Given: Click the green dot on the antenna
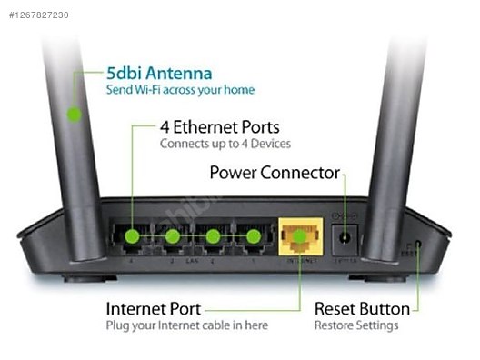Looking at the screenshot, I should [73, 115].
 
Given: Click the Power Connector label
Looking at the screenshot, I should [275, 173].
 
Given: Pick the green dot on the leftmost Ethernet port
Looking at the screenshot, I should [133, 237].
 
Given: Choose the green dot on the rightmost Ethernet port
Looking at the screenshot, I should [253, 237].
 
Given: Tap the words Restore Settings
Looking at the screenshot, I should [356, 325].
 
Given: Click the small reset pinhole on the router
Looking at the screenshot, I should [416, 244].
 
